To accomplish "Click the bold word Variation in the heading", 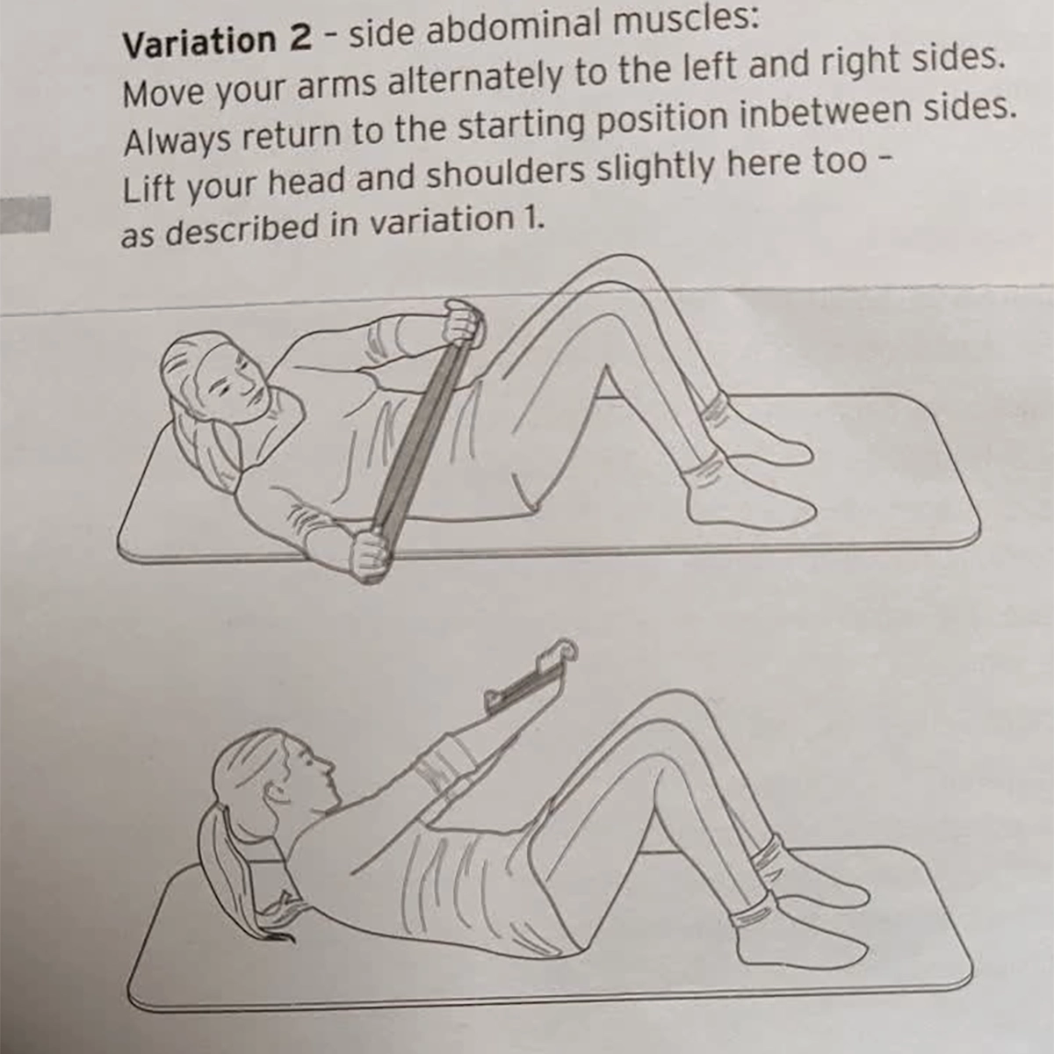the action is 200,42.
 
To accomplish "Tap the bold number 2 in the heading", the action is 300,40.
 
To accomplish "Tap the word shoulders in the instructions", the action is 505,171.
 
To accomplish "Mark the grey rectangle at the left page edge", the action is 25,215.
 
